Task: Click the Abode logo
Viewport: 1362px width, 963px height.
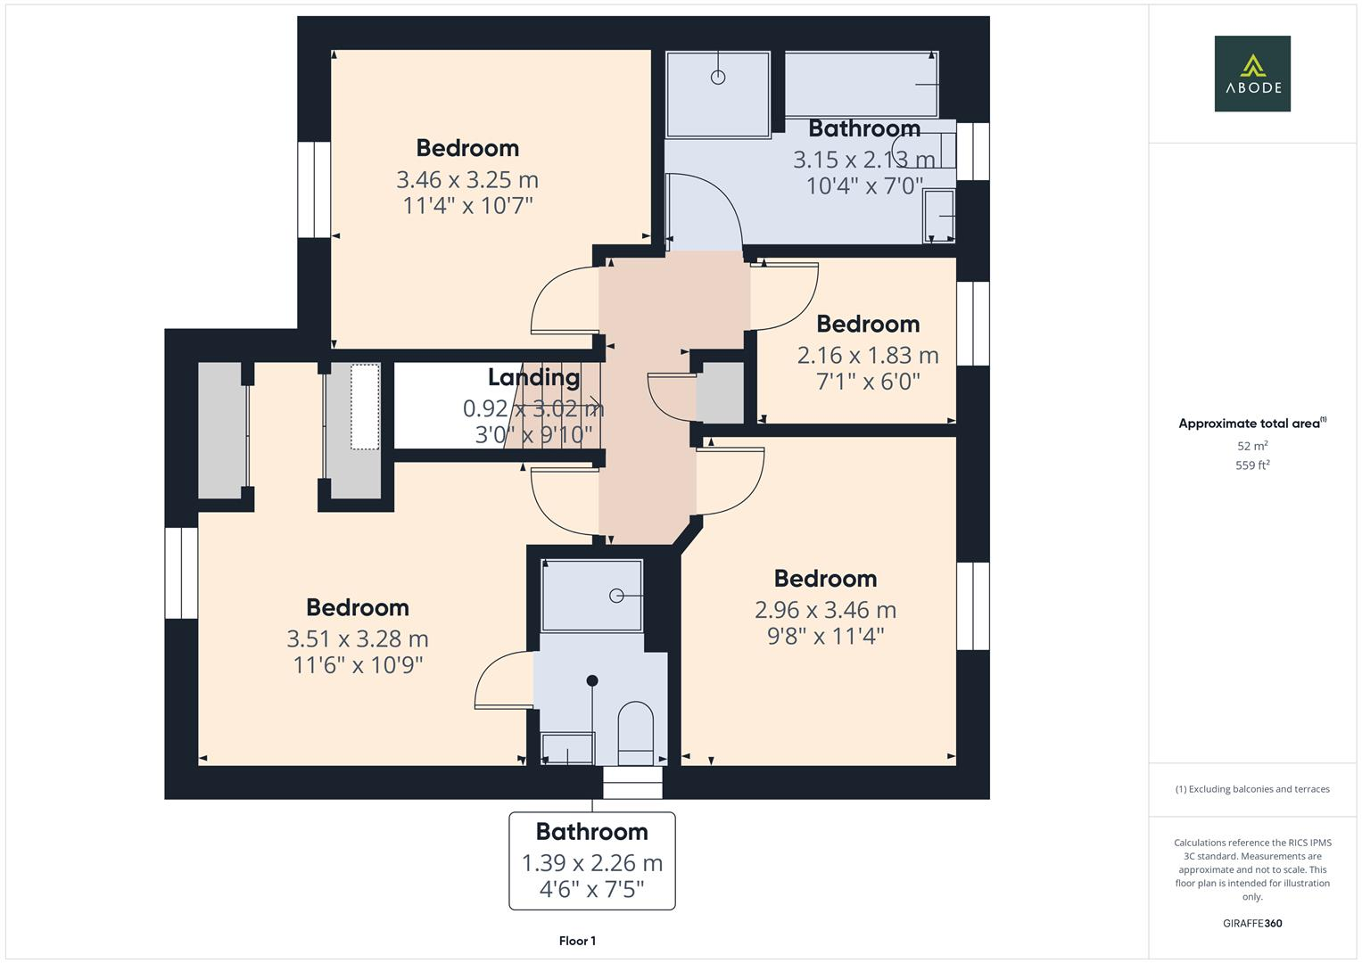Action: pyautogui.click(x=1251, y=74)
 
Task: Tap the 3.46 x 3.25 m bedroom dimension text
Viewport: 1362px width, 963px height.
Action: pyautogui.click(x=466, y=180)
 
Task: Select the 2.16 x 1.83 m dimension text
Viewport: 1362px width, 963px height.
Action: pyautogui.click(x=867, y=356)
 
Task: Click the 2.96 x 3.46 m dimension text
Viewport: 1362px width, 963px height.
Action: pyautogui.click(x=825, y=610)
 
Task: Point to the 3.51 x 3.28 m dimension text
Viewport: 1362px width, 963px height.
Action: pyautogui.click(x=357, y=639)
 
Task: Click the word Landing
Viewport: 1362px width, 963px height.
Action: pyautogui.click(x=533, y=377)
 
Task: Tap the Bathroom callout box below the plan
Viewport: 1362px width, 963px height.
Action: pyautogui.click(x=591, y=860)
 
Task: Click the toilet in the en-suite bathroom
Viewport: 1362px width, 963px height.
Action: pyautogui.click(x=635, y=733)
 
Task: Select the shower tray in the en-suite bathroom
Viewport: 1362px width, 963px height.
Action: pyautogui.click(x=591, y=596)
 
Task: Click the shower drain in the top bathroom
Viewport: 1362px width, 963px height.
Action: pyautogui.click(x=718, y=78)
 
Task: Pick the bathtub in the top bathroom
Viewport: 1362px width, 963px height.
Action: pyautogui.click(x=860, y=84)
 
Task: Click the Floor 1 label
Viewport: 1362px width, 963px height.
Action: pyautogui.click(x=577, y=941)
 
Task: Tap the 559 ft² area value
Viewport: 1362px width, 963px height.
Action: pyautogui.click(x=1251, y=465)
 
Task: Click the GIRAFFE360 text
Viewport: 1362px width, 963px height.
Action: pyautogui.click(x=1251, y=923)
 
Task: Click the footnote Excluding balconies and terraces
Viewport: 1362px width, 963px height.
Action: pyautogui.click(x=1251, y=789)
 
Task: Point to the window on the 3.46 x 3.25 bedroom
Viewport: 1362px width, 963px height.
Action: pyautogui.click(x=314, y=190)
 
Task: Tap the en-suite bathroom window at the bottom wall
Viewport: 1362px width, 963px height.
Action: pyautogui.click(x=632, y=784)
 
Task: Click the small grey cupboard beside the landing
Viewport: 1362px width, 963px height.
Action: pyautogui.click(x=720, y=392)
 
